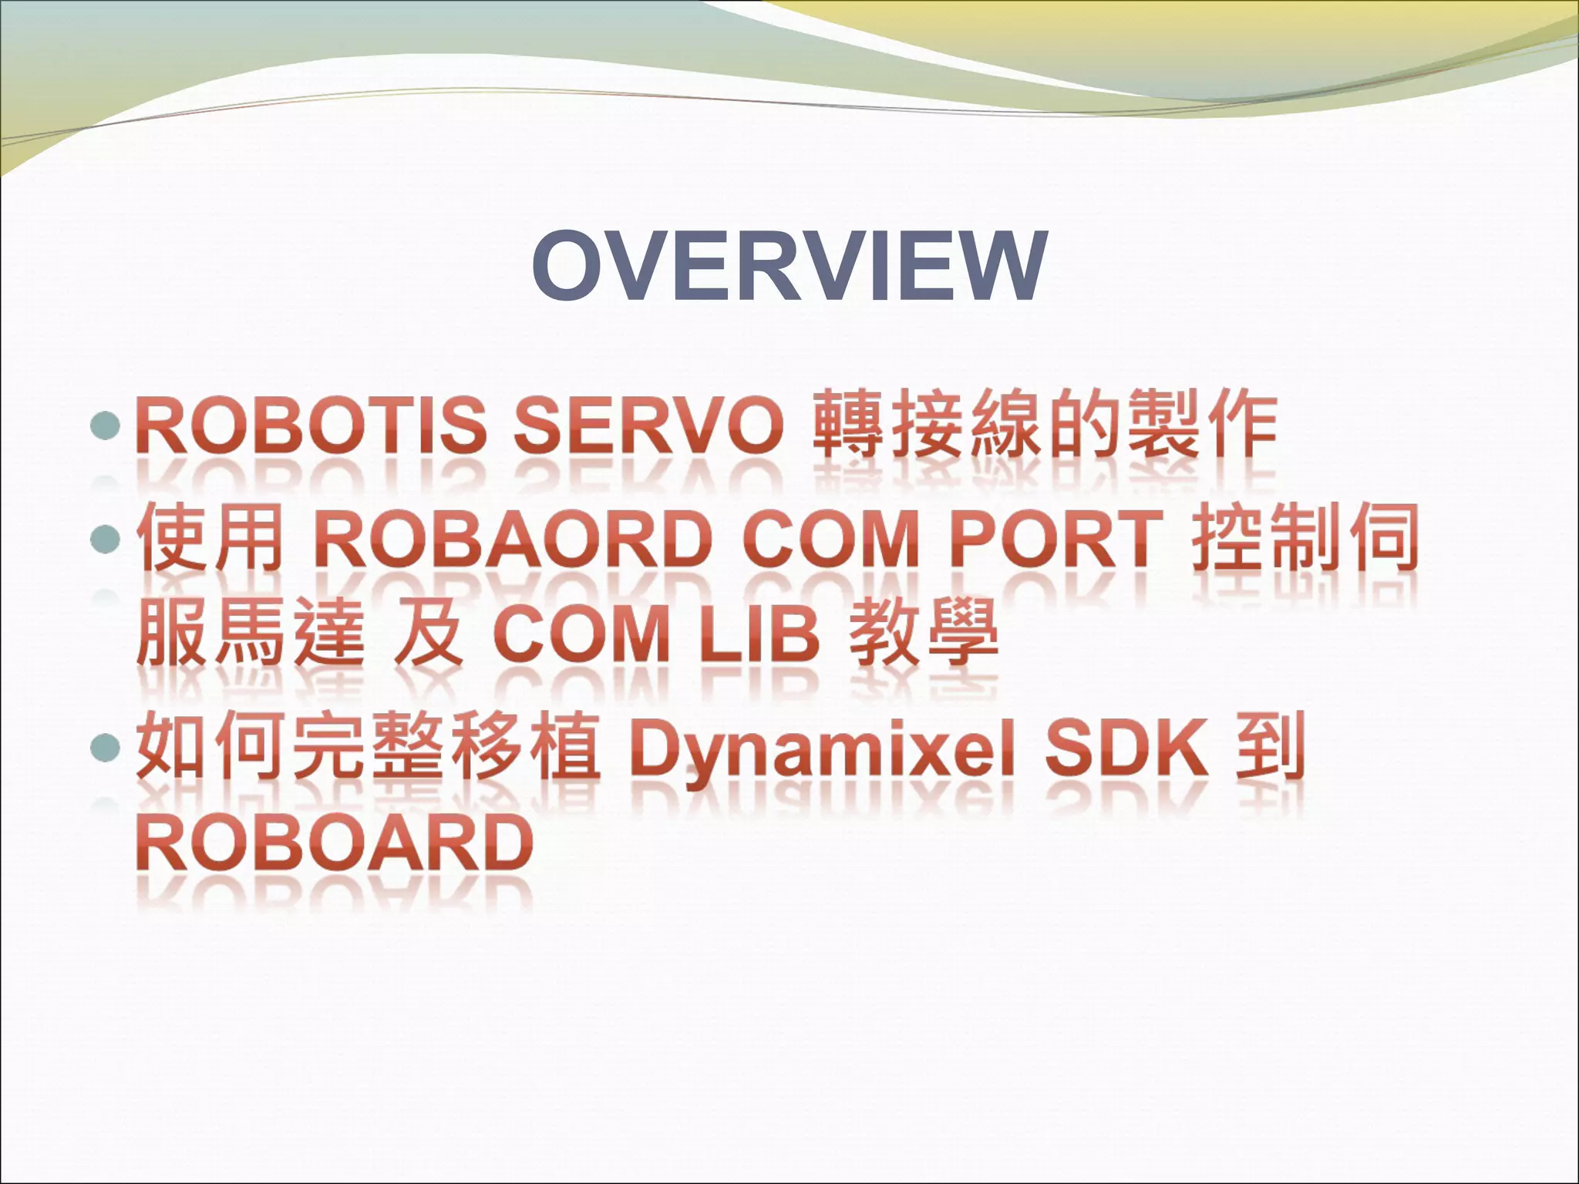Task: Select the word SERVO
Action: (x=648, y=425)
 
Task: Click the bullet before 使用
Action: (x=106, y=540)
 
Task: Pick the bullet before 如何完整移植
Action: (x=106, y=747)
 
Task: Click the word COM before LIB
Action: (x=582, y=637)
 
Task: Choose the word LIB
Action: (x=759, y=637)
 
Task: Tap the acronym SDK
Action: (x=1126, y=748)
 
